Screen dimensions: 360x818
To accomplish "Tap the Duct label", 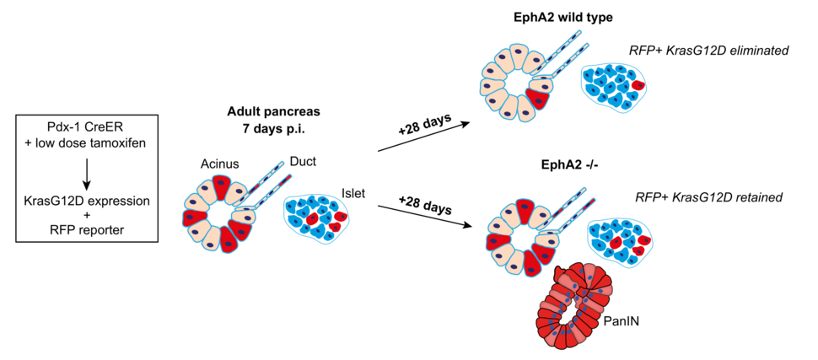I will click(x=302, y=160).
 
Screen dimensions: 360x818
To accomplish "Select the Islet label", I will click(x=353, y=192).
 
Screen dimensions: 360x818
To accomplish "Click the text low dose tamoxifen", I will click(x=91, y=144).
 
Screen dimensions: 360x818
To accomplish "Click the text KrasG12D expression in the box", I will click(x=86, y=201).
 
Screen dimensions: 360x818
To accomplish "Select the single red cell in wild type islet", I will click(x=638, y=86).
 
